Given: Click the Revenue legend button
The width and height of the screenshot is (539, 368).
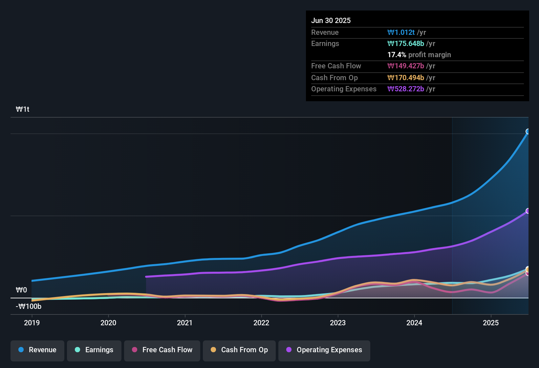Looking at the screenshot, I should coord(37,350).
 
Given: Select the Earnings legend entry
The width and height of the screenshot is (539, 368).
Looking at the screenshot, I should coord(94,350).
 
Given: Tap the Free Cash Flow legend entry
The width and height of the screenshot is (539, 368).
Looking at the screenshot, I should coord(162,350).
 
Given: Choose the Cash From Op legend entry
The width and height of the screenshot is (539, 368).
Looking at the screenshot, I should coord(239,350).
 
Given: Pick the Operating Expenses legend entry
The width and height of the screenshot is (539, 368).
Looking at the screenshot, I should coord(324,350).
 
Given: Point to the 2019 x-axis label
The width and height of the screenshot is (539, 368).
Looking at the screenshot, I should coord(32,323).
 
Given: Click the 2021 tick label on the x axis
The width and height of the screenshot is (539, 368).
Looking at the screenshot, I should coord(185,323).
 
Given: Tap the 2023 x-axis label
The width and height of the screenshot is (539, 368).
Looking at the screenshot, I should coord(338,323).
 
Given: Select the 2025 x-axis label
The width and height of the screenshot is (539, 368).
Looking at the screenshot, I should coord(491,323).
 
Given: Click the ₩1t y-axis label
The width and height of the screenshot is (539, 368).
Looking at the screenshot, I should coord(23,109).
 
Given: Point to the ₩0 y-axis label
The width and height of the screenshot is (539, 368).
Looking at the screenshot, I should coord(21,290).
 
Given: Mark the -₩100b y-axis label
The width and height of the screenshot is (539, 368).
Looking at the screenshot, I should coord(29,307).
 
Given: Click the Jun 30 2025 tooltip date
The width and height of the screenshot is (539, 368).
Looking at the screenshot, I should coord(331,21).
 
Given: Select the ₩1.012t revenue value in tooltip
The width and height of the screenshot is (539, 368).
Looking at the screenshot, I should coord(401,33).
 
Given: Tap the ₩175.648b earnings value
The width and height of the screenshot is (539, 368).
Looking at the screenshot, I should coord(406,44).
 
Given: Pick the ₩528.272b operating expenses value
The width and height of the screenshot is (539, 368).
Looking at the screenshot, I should coord(406,89).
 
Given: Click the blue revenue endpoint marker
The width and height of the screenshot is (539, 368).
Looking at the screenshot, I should coord(528,131).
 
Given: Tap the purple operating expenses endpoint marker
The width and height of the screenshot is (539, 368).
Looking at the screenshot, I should coord(528,211).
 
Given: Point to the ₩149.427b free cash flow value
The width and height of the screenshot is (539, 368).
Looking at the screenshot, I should coord(406,66).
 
